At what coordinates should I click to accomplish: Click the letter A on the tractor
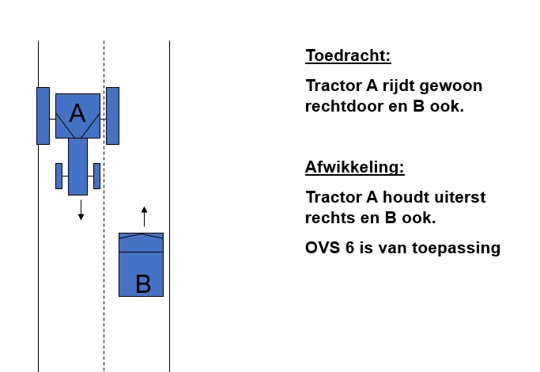pyautogui.click(x=77, y=113)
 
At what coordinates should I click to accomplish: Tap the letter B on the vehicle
pyautogui.click(x=143, y=283)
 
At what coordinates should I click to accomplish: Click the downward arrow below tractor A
pyautogui.click(x=81, y=210)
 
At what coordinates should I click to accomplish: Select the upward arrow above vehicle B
pyautogui.click(x=145, y=217)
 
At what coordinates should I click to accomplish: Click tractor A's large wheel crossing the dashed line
pyautogui.click(x=112, y=116)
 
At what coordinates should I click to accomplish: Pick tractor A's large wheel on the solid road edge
pyautogui.click(x=43, y=116)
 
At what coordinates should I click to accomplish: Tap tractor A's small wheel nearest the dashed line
pyautogui.click(x=96, y=177)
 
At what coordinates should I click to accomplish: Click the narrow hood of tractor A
pyautogui.click(x=77, y=166)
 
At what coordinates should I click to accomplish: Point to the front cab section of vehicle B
pyautogui.click(x=142, y=242)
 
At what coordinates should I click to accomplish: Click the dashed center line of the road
pyautogui.click(x=104, y=206)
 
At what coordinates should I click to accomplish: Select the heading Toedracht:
pyautogui.click(x=348, y=56)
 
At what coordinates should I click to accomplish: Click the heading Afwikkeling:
pyautogui.click(x=355, y=167)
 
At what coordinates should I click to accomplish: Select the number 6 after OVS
pyautogui.click(x=349, y=248)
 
